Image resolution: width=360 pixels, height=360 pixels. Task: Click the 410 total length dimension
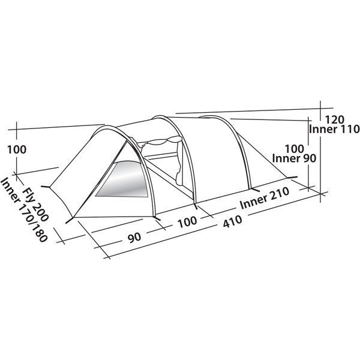tap(233, 221)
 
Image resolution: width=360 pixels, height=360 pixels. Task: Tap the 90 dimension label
tap(134, 237)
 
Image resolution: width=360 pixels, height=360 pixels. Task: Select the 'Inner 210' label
tap(265, 198)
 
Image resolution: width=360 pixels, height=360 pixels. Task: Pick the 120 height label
tap(335, 119)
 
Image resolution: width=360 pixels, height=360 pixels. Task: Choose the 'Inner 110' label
tap(334, 129)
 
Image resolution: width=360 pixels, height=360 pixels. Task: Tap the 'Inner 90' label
tap(294, 158)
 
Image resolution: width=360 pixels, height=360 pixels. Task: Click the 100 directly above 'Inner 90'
tap(295, 149)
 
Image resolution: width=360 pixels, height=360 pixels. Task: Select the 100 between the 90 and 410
tap(188, 221)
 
